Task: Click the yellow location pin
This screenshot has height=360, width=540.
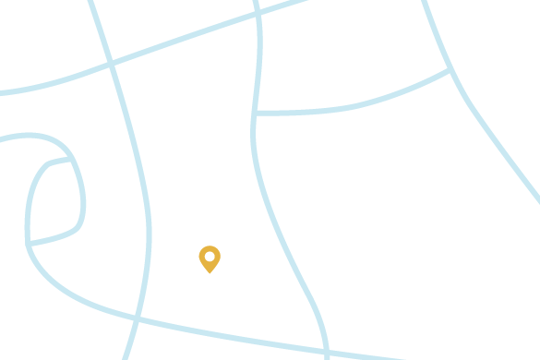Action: tap(210, 258)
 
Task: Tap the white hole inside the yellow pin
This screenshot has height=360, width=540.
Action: tap(210, 256)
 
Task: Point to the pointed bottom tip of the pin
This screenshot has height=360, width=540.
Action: tap(210, 272)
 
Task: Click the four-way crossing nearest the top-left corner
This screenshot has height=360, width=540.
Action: tap(111, 64)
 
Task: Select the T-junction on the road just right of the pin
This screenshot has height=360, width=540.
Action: tap(255, 114)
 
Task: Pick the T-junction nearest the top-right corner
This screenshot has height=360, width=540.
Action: tap(450, 70)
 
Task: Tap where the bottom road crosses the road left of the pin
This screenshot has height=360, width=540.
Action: tap(138, 319)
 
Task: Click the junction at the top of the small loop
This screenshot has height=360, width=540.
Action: tap(72, 160)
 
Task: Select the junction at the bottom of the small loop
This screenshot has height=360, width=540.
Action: tap(29, 243)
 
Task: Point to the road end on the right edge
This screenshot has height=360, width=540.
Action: tap(537, 199)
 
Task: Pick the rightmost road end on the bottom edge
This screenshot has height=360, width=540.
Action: tap(402, 358)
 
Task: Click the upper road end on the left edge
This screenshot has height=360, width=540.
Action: tap(3, 92)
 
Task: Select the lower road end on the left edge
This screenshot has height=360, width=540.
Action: tap(3, 139)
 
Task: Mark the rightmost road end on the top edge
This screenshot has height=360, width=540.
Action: tap(425, 3)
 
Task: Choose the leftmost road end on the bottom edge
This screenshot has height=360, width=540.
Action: tap(126, 357)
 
